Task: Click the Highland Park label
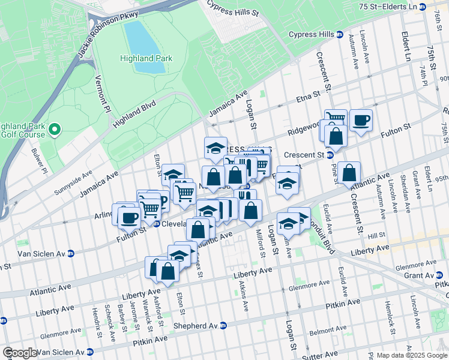point(146,58)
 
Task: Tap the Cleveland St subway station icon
point(156,224)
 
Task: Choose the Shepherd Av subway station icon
point(223,326)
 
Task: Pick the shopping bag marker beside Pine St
point(349,173)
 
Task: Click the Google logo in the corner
point(20,353)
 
